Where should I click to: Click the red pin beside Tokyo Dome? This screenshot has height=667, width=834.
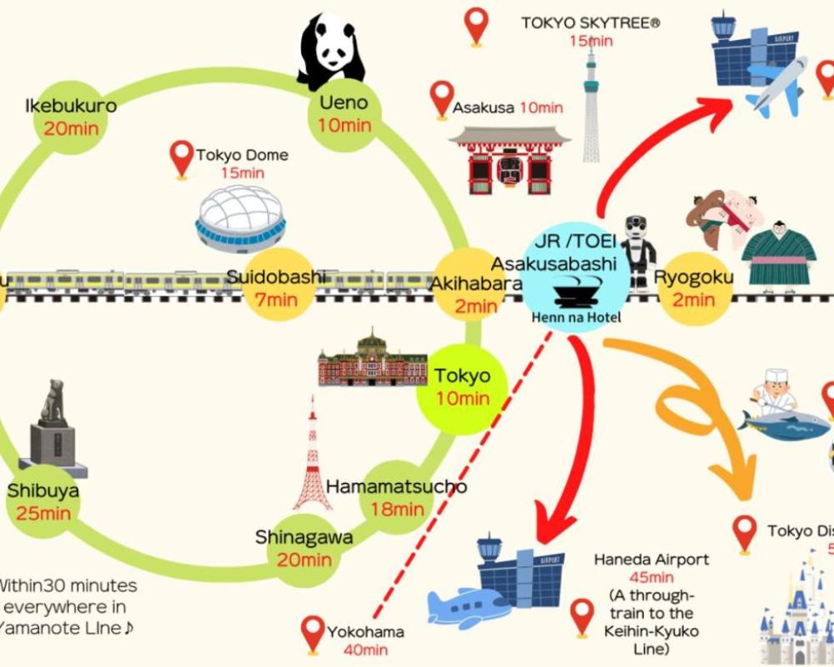pos(182,158)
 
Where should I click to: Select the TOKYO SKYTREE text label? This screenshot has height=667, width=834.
pos(590,23)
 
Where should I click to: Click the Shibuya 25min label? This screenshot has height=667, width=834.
pos(43,501)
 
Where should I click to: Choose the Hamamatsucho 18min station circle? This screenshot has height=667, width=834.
pos(396,497)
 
